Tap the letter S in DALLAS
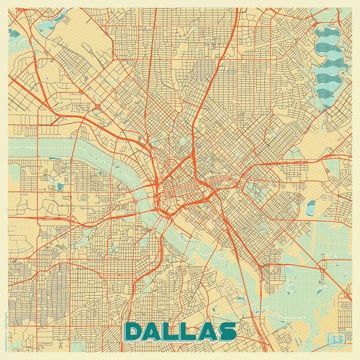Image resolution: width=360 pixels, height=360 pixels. (226, 332)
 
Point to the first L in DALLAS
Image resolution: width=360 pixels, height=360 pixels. (171, 332)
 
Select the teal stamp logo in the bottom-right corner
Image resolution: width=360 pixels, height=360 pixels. (336, 340)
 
